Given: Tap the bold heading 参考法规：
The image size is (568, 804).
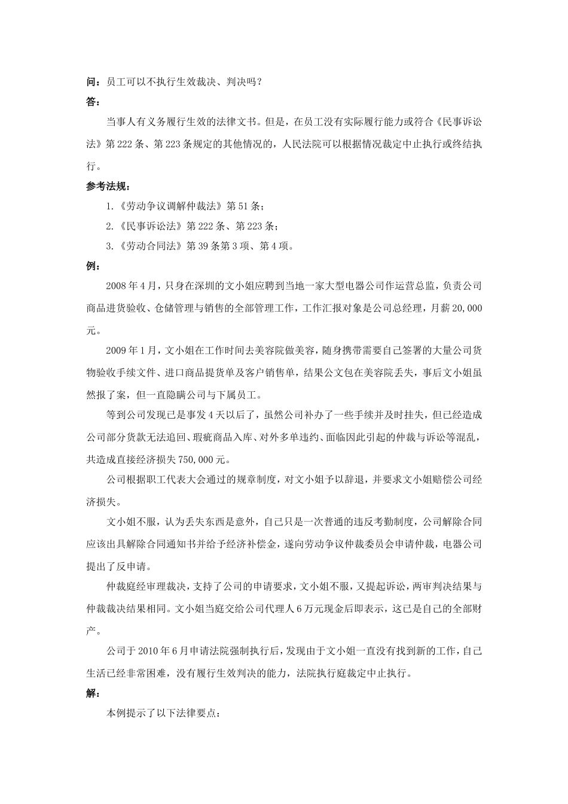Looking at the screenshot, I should pyautogui.click(x=108, y=186).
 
